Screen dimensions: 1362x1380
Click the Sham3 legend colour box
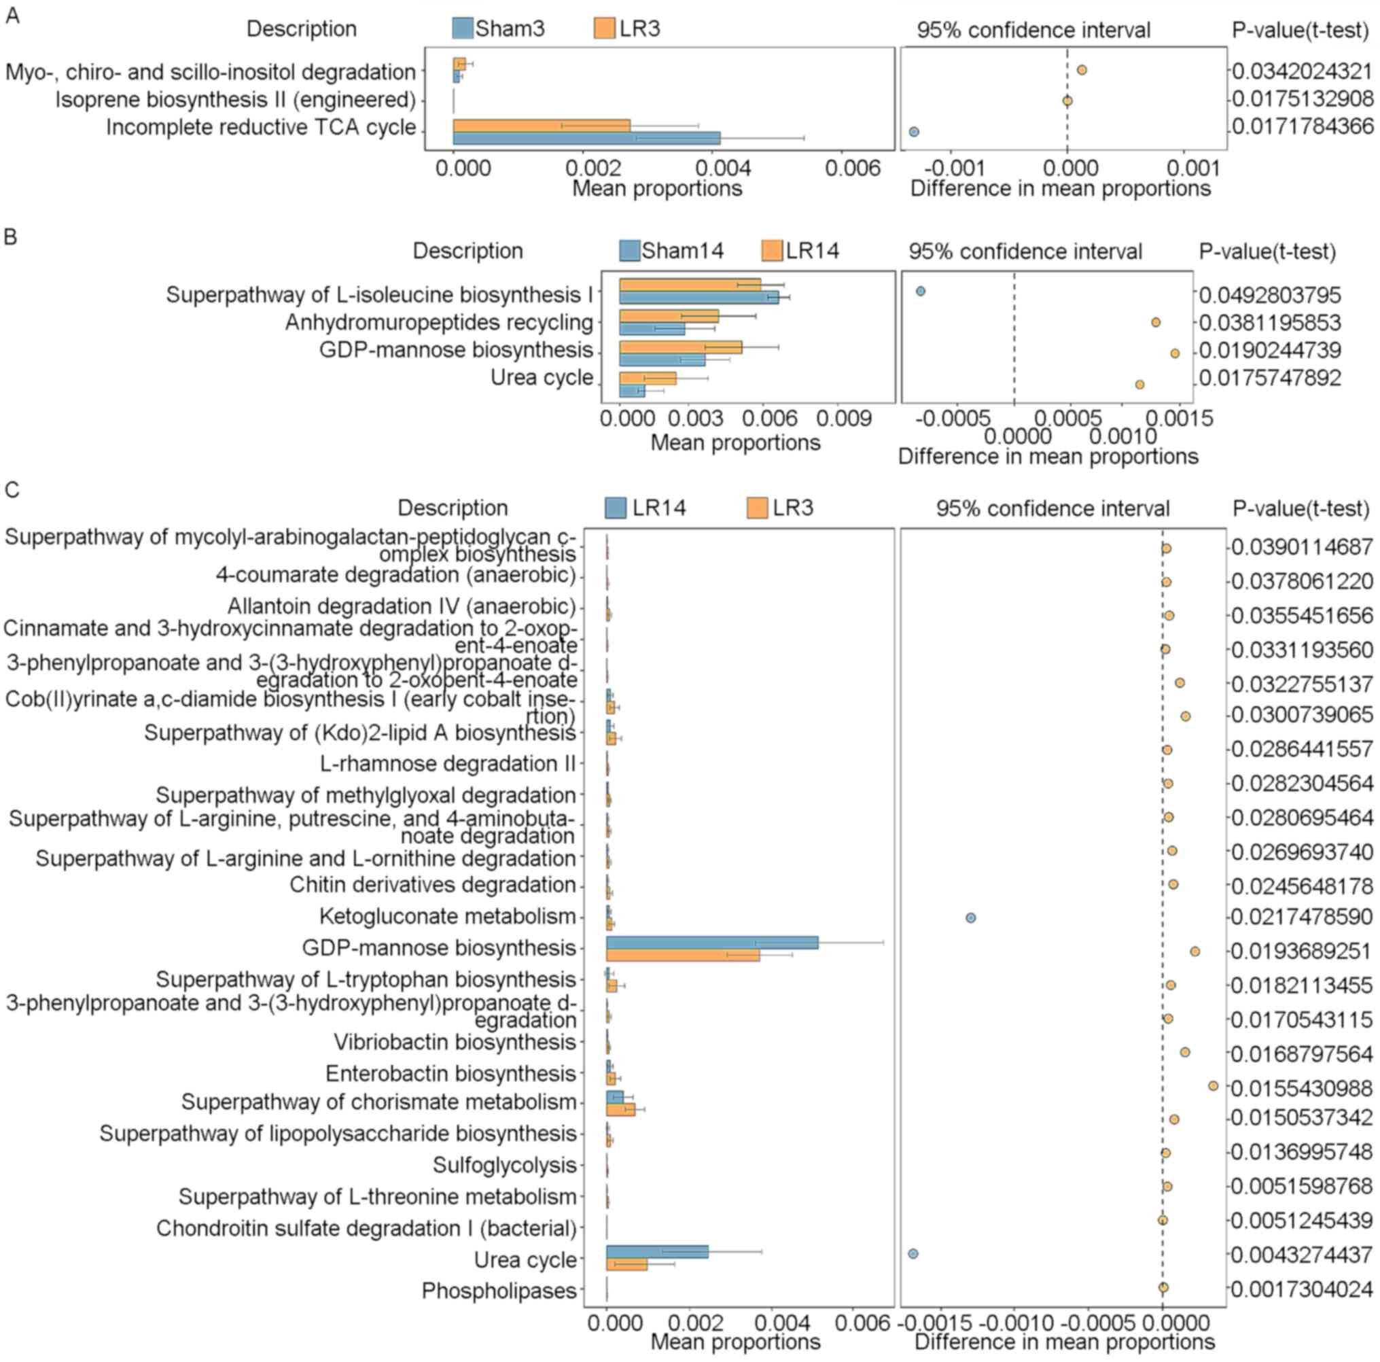463,29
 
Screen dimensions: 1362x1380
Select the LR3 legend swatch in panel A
604,29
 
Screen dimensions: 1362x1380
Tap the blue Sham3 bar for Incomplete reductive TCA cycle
586,138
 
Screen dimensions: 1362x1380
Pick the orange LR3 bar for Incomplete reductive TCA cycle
541,126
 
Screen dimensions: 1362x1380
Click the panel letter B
11,237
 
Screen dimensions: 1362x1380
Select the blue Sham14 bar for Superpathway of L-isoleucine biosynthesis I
698,298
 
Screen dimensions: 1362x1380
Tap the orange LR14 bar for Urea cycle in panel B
647,378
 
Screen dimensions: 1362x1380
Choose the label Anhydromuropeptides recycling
438,322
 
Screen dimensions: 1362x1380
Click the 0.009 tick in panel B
847,419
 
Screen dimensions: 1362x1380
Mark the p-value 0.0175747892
1269,378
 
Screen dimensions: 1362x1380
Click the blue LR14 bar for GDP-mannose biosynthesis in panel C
711,943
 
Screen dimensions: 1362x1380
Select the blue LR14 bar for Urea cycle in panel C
656,1251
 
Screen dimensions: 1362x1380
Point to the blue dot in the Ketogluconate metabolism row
970,918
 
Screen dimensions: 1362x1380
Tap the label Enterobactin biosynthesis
450,1073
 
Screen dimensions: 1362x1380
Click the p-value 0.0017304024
1302,1289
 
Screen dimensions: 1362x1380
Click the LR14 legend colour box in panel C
615,508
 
